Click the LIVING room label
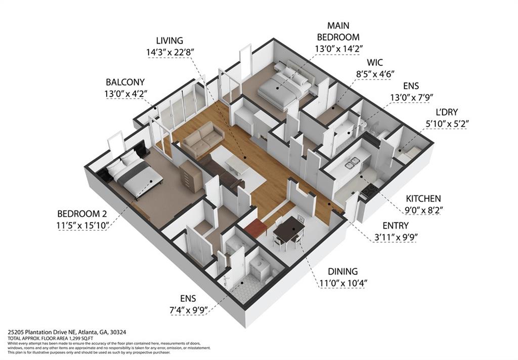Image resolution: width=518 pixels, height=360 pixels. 169,41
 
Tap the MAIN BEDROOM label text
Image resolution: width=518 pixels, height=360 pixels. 338,31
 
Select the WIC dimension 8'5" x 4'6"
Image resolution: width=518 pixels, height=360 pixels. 375,74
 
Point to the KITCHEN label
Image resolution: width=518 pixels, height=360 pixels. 423,199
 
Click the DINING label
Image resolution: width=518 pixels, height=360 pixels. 342,271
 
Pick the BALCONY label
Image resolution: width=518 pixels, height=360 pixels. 125,82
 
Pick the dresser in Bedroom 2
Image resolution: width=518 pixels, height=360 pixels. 191,176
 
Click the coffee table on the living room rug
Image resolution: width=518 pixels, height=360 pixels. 236,165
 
